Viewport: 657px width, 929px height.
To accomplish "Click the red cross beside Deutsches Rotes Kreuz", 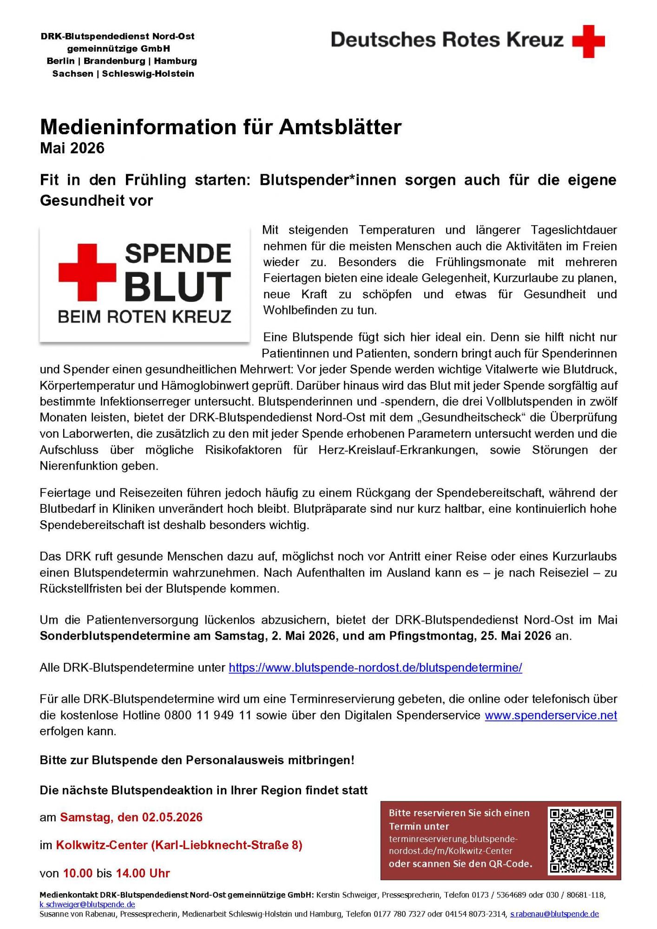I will click(x=588, y=42).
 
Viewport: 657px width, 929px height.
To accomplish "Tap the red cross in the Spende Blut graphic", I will click(x=87, y=272).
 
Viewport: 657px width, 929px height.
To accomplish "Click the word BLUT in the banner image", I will click(x=177, y=287).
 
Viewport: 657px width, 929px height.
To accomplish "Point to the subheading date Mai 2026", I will click(x=72, y=148).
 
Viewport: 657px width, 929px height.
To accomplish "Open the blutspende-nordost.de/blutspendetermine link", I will click(x=375, y=667).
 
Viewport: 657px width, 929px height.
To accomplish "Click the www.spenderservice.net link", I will click(x=551, y=715).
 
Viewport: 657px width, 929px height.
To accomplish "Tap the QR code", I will click(x=582, y=841).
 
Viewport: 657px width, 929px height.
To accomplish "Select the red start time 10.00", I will click(x=78, y=873).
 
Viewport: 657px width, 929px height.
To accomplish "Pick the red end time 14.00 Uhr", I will click(x=143, y=873).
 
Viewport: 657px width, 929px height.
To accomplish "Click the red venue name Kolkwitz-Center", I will click(x=102, y=845).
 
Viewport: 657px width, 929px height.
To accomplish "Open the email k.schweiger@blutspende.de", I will click(x=87, y=905).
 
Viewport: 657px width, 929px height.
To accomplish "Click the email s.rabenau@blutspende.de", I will click(x=554, y=914).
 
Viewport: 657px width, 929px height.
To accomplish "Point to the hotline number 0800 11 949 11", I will click(x=208, y=715).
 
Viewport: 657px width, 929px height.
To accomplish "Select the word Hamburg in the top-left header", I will click(x=176, y=61).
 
